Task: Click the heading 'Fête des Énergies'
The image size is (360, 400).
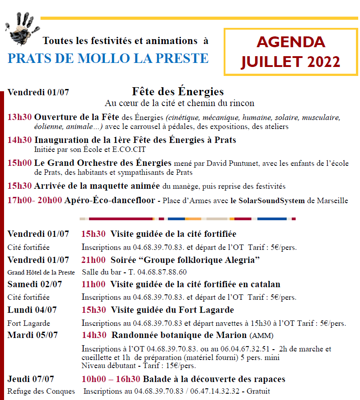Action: [x=178, y=92]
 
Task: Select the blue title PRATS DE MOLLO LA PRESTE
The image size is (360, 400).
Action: [x=108, y=58]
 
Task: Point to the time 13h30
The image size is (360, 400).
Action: [x=19, y=118]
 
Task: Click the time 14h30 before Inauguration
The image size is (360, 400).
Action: [x=19, y=140]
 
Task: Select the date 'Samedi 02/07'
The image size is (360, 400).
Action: [x=35, y=284]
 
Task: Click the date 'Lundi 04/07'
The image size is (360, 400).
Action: [x=32, y=310]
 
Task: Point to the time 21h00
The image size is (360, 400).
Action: [x=93, y=260]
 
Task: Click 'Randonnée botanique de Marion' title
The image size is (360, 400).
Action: [x=179, y=335]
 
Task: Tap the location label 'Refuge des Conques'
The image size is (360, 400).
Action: [x=41, y=391]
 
